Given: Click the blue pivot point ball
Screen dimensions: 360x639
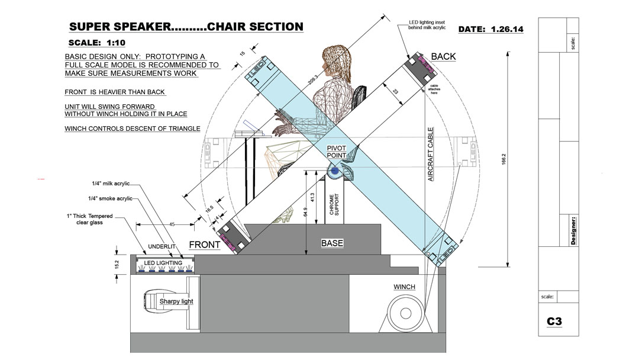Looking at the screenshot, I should point(335,171).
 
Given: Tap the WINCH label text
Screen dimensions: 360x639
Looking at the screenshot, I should point(404,287).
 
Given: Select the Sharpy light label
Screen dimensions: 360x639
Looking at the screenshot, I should point(176,301).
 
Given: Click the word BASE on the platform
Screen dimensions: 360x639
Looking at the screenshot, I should point(332,243).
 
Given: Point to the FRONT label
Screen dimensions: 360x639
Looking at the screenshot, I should point(205,245).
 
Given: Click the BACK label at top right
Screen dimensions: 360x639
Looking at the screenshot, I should point(443,57).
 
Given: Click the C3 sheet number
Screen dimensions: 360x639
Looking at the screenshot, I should point(554,322).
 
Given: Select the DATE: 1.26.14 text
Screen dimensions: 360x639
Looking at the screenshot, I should point(490,29).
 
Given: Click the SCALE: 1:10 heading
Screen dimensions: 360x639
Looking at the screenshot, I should point(97,43).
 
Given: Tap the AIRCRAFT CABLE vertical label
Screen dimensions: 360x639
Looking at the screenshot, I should point(431,154).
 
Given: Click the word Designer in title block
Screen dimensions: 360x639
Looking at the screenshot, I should point(573,230).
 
